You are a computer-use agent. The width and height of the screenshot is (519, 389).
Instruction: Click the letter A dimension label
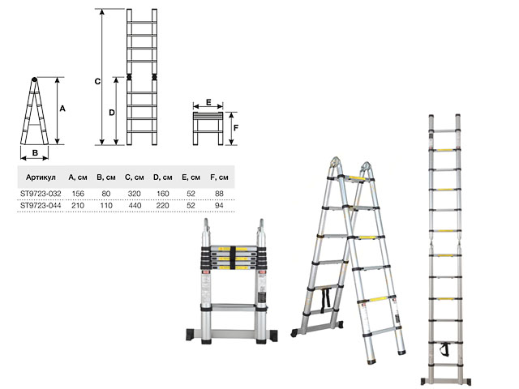coord(62,109)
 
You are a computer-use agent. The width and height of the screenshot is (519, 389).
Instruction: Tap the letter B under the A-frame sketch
coord(35,153)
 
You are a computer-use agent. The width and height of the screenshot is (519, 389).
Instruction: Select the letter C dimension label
coord(97,81)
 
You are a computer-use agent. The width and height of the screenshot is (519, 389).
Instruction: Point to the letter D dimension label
coord(112,113)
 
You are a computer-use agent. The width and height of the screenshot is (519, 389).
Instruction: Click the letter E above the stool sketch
coord(208,102)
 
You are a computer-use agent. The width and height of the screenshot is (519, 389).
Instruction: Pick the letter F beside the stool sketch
coord(236,127)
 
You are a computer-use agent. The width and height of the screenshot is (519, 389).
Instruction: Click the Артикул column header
coord(41,177)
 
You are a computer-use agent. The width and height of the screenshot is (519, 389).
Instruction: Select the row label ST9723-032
coord(41,194)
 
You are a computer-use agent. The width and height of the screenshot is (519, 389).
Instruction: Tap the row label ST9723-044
coord(41,205)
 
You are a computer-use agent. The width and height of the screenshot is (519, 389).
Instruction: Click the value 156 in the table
coord(78,194)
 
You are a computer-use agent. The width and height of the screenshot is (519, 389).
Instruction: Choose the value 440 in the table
coord(135,205)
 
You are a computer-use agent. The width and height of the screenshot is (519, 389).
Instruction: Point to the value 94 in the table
coord(219,205)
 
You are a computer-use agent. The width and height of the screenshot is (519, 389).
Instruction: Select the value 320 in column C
coord(135,194)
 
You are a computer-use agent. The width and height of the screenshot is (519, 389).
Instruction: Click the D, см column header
coord(162,177)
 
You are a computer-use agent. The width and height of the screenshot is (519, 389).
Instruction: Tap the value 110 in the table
coord(106,205)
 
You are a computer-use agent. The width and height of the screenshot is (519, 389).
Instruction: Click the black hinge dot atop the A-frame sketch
coord(34,79)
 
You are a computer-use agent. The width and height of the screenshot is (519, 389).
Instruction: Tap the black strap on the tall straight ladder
coord(445,349)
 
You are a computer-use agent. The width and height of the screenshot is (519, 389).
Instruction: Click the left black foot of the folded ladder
coord(191,335)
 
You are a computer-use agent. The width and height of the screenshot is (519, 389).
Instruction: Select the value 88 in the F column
coord(219,194)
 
